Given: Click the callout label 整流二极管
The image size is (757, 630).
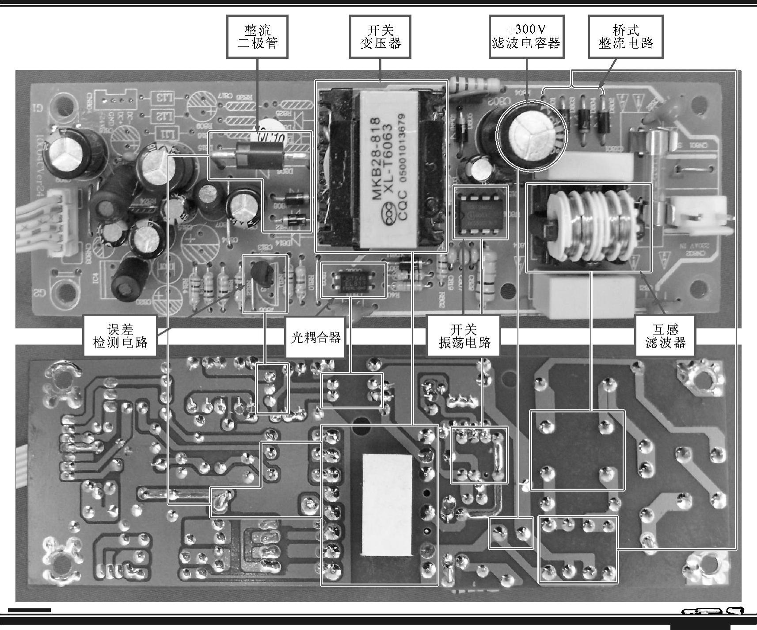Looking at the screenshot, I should [257, 37].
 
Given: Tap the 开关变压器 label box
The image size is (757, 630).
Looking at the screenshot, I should [380, 37].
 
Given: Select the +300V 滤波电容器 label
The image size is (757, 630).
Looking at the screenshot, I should [526, 37].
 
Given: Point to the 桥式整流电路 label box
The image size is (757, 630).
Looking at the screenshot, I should [626, 37].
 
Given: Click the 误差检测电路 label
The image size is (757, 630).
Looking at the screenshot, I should [120, 336].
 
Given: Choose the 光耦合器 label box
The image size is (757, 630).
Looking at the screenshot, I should [316, 338].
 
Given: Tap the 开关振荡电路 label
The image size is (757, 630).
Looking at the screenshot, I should [464, 336].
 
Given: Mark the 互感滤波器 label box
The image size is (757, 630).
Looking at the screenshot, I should [665, 336].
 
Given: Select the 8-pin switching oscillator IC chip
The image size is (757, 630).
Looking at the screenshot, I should [480, 213].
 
